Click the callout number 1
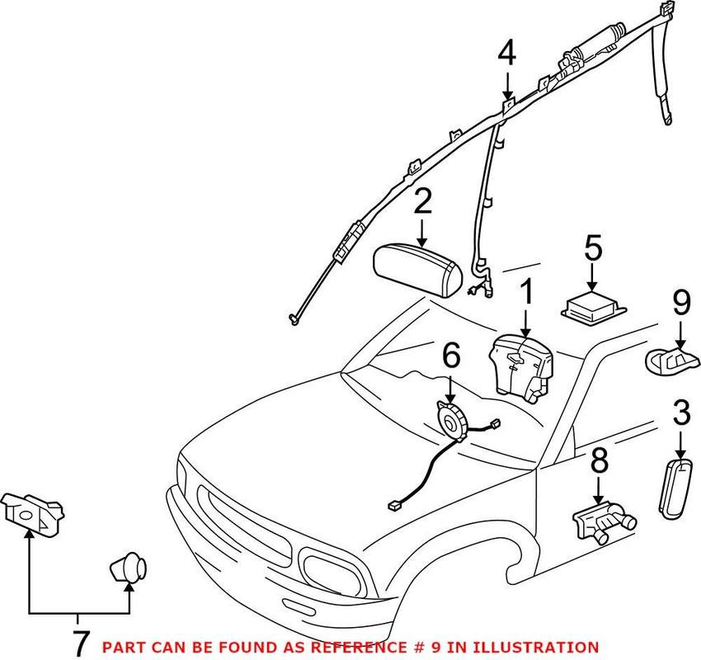coord(526,293)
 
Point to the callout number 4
coord(506,54)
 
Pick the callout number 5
coord(594,250)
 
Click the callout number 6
coord(450,357)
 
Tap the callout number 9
coord(680,305)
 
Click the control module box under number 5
coord(596,304)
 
